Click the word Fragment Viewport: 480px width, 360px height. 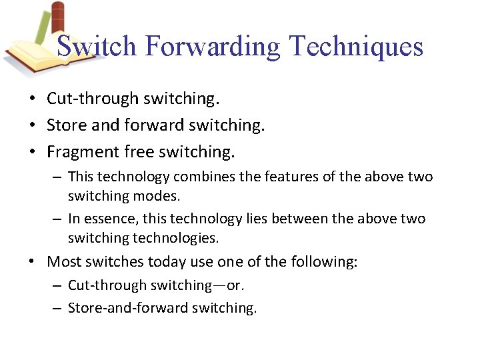pyautogui.click(x=83, y=153)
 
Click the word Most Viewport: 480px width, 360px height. pyautogui.click(x=64, y=262)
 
